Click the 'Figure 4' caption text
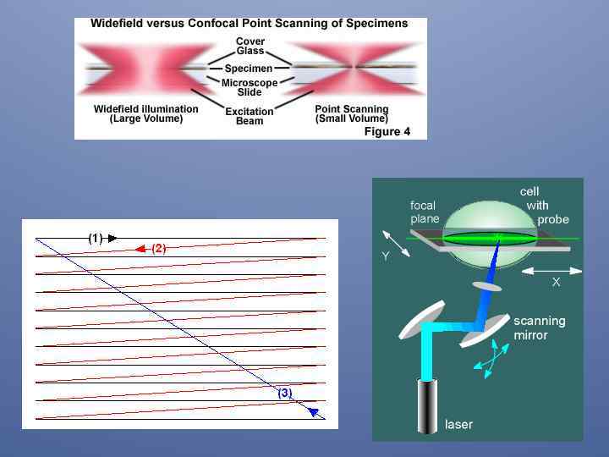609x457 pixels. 387,131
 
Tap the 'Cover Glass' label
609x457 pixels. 250,46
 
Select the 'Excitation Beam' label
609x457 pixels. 250,116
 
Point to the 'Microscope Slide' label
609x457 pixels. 249,87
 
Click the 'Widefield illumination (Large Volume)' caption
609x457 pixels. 145,113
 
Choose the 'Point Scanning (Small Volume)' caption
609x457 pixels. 351,113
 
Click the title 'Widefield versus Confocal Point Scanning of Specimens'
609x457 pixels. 249,24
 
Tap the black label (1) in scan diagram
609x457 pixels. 96,239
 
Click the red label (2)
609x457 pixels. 159,248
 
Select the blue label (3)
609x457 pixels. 285,393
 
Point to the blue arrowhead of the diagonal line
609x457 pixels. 314,412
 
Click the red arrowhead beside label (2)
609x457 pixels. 140,249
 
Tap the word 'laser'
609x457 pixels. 458,424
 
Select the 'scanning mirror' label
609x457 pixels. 539,328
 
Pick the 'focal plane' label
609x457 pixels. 424,212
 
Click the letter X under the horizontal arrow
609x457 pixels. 556,282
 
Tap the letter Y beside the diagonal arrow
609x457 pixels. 386,256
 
